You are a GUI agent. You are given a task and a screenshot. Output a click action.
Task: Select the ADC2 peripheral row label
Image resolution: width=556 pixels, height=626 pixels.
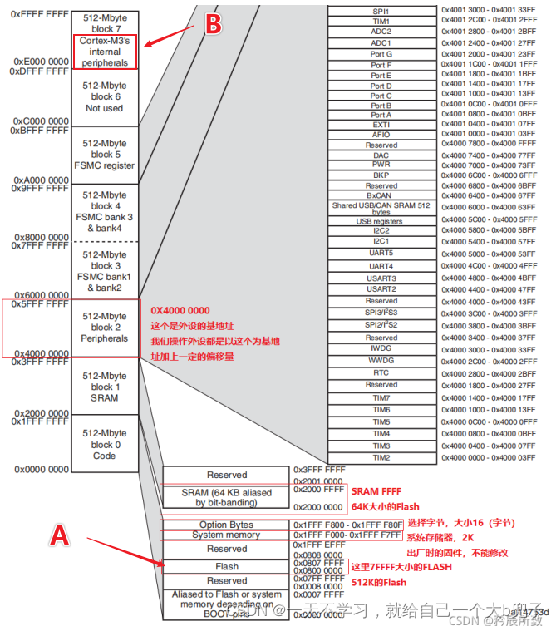pos(381,32)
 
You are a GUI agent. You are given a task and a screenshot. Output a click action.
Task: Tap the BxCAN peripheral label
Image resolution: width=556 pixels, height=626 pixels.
pos(381,195)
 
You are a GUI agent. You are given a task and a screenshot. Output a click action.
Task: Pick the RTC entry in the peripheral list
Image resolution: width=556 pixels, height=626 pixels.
pos(381,373)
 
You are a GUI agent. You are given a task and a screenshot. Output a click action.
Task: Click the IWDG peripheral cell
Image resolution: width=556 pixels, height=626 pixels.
pos(381,350)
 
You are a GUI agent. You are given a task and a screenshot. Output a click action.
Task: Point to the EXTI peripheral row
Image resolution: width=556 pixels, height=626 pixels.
pos(381,124)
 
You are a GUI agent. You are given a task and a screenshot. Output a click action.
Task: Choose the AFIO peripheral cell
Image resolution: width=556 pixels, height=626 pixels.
pos(381,134)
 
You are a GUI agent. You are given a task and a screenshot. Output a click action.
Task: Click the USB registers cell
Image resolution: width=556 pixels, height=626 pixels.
pos(381,221)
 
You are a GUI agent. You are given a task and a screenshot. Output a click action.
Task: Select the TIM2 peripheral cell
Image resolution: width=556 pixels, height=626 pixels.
pos(381,458)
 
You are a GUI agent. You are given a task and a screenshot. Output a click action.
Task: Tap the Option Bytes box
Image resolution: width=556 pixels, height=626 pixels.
pos(225,525)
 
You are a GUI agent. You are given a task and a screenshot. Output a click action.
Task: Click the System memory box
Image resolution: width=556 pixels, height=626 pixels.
pos(225,535)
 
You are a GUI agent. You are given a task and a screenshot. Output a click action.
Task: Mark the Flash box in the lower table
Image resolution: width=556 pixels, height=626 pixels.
pos(227,567)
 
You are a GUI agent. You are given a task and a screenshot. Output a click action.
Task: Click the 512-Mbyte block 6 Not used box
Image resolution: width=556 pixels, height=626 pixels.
pos(105,96)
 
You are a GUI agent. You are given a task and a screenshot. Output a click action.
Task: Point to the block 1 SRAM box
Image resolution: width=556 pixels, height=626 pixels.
pos(105,387)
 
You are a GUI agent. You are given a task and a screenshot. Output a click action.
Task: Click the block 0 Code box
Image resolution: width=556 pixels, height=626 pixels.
pos(105,444)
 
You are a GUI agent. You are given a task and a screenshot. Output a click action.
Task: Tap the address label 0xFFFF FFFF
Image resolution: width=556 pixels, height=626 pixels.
pos(39,14)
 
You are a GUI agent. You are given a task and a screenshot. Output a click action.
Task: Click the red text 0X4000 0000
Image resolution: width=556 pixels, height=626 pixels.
pos(180,309)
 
